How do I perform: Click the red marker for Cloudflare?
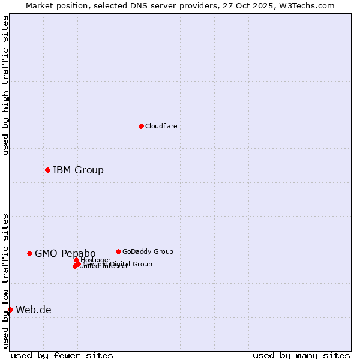[x=141, y=126]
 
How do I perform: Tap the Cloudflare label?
[x=161, y=126]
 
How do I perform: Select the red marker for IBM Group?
[x=47, y=170]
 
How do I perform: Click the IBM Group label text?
[x=78, y=170]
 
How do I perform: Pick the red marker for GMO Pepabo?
[x=29, y=253]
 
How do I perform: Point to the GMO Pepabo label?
[x=65, y=253]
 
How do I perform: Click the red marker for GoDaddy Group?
[x=118, y=251]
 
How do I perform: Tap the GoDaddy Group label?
[x=148, y=251]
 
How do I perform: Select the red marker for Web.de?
[x=10, y=310]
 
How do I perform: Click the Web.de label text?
[x=34, y=310]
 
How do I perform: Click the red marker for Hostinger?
[x=76, y=260]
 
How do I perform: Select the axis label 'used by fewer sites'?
[x=62, y=355]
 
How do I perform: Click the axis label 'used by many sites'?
[x=301, y=355]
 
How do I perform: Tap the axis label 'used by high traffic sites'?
[x=5, y=85]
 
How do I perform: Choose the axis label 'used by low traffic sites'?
[x=5, y=280]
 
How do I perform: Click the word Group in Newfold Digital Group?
[x=142, y=264]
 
